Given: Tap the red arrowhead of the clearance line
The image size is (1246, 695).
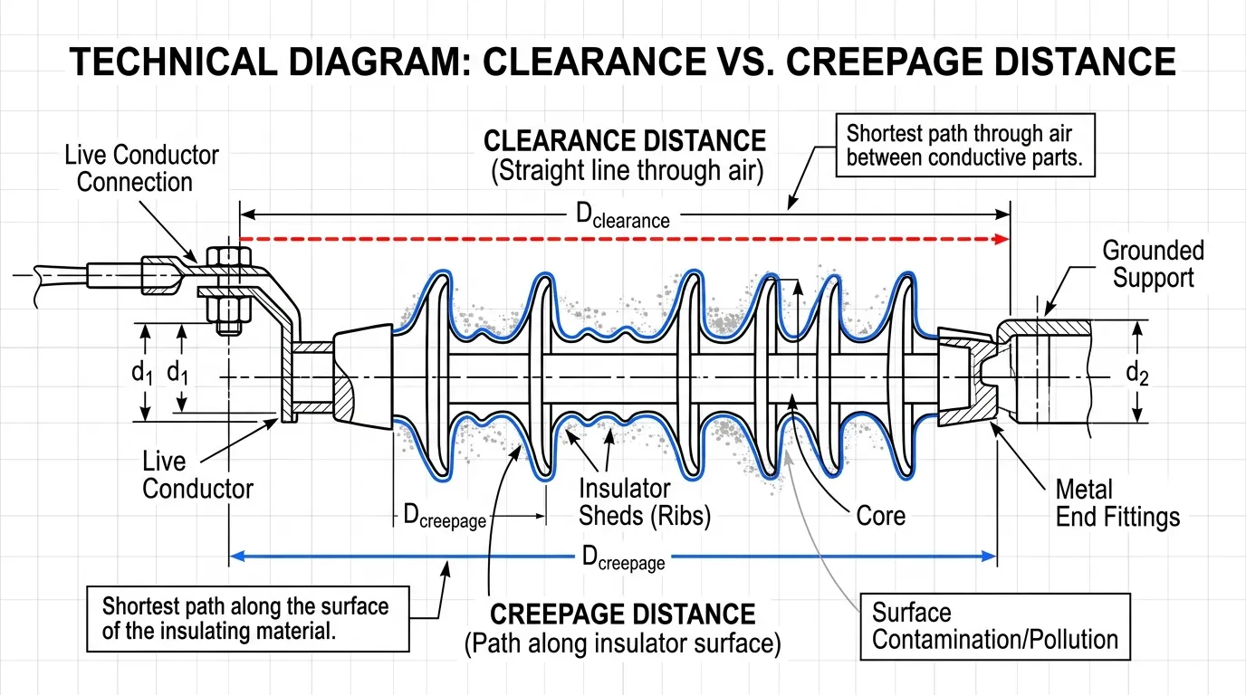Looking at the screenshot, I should point(1002,239).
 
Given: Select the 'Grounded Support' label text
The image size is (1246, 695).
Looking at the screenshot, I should point(1153,263).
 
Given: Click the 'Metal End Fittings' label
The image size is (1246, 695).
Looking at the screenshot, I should point(1117,503).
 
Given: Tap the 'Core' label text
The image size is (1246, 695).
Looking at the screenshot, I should point(880,516).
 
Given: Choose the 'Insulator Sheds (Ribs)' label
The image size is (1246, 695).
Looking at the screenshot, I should point(644,502).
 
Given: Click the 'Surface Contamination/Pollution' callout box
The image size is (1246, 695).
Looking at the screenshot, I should point(994,626).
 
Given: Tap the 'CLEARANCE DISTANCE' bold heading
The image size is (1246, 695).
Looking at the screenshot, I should point(625,141).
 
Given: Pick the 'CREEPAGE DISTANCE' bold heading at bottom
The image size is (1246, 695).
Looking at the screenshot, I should point(622,615).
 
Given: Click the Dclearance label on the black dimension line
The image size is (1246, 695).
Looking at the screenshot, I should point(623,215).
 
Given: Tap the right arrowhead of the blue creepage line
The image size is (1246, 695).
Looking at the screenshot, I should point(990,557).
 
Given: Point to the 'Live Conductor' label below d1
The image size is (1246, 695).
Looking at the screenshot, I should point(197,475).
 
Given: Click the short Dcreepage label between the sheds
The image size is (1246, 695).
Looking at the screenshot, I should point(444,518).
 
